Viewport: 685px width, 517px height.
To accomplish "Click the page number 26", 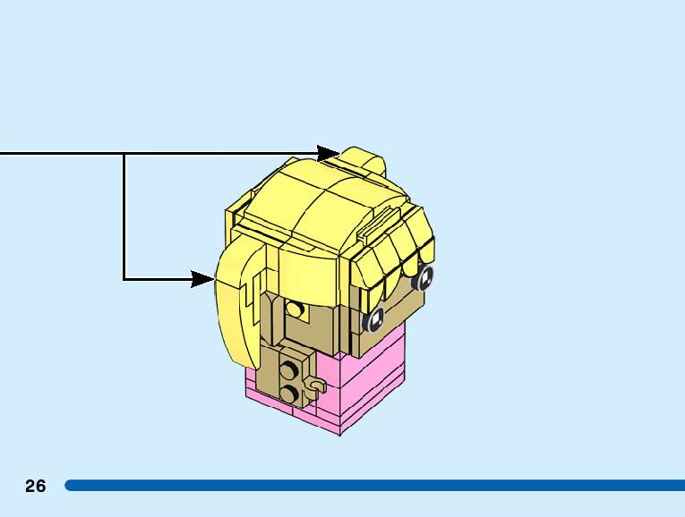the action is (35, 487).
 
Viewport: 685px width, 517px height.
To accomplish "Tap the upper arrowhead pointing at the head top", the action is (329, 154).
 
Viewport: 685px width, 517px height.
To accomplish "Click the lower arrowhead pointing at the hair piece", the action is (202, 279).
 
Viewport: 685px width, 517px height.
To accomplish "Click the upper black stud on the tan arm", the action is (289, 369).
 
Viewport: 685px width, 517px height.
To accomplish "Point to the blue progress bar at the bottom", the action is (376, 486).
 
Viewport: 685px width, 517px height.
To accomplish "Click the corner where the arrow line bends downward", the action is (124, 154).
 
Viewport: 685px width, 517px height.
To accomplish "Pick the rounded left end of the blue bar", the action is (70, 486).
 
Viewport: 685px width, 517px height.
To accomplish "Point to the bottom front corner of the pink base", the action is (339, 434).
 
